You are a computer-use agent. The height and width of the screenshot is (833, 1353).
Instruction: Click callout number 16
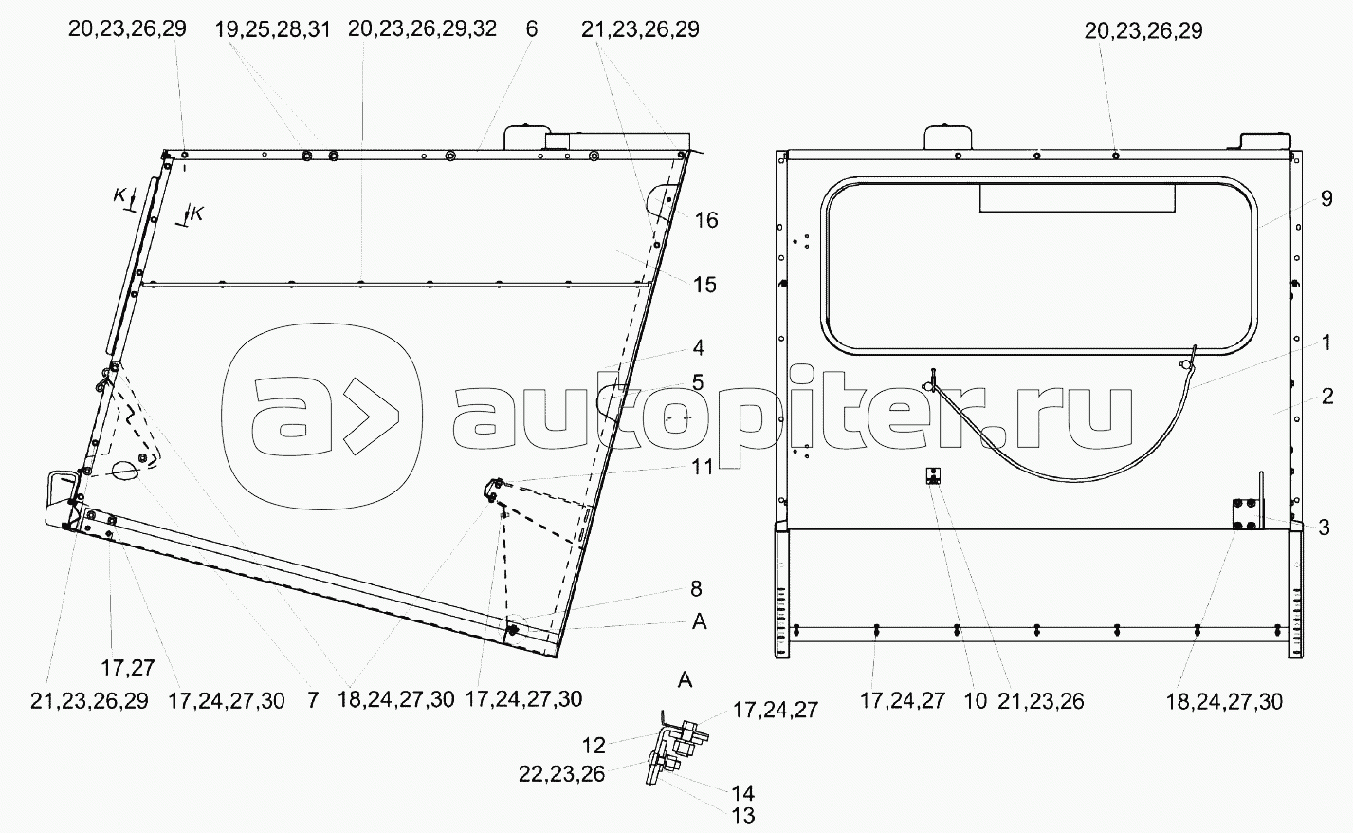pyautogui.click(x=706, y=221)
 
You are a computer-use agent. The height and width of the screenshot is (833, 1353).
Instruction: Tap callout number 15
pyautogui.click(x=704, y=285)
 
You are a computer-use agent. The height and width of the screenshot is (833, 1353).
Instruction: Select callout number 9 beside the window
pyautogui.click(x=1326, y=199)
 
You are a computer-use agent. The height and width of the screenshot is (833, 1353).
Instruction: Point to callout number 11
pyautogui.click(x=702, y=468)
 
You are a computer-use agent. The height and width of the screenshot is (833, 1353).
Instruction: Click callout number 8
pyautogui.click(x=696, y=589)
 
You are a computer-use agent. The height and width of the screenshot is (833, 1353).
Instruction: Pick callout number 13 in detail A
pyautogui.click(x=743, y=816)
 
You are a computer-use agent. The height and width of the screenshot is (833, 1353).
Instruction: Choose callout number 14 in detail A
pyautogui.click(x=743, y=793)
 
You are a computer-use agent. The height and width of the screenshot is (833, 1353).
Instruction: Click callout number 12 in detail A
pyautogui.click(x=594, y=746)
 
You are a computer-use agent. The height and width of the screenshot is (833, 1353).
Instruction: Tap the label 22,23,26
pyautogui.click(x=561, y=774)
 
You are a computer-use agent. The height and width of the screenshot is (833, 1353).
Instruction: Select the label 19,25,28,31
pyautogui.click(x=273, y=29)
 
